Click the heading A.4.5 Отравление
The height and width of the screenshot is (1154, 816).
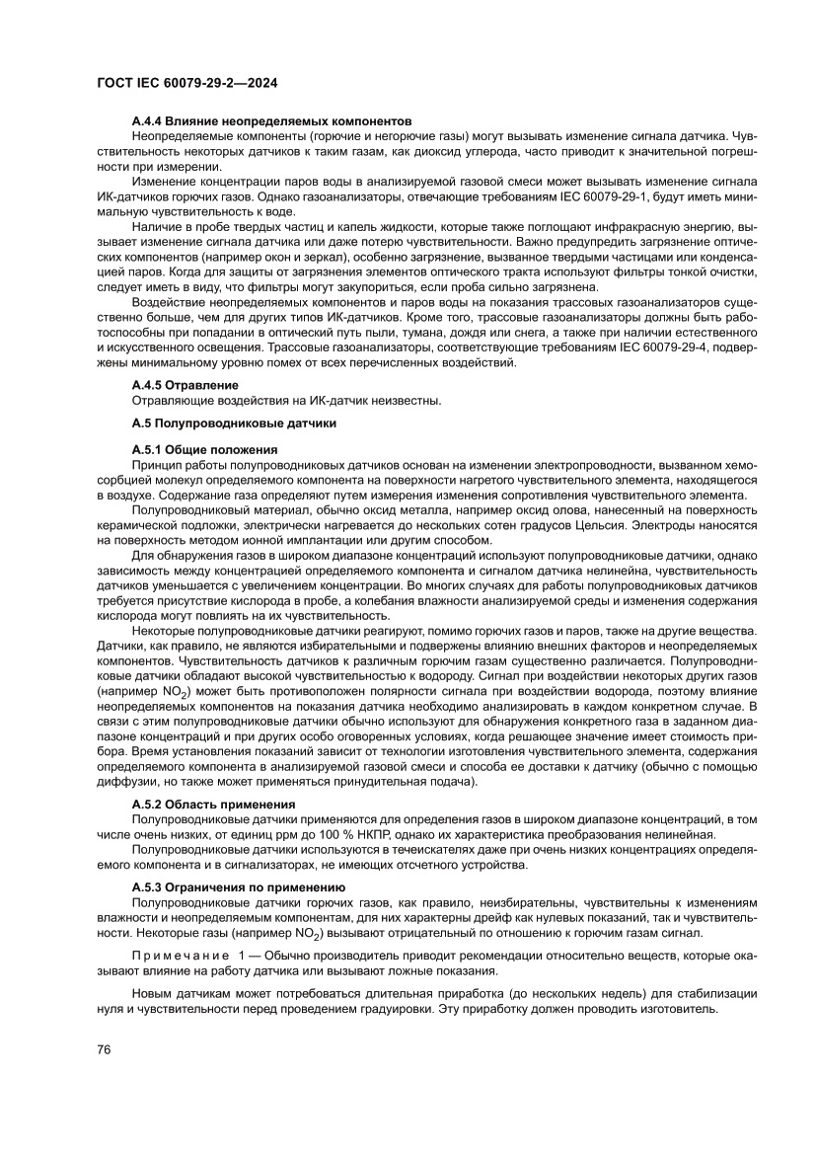pos(185,384)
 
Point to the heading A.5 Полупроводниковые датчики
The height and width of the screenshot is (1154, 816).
pos(234,423)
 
